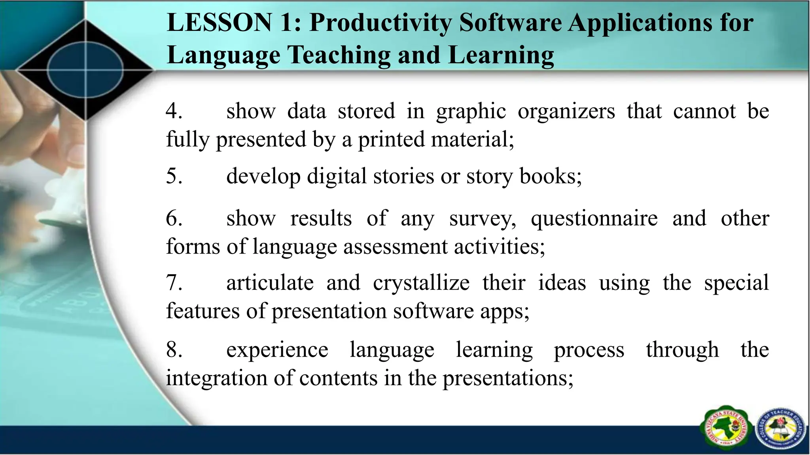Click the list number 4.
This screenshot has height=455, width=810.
pyautogui.click(x=174, y=111)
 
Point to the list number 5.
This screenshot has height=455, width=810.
pyautogui.click(x=174, y=176)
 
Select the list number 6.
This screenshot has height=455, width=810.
pyautogui.click(x=174, y=218)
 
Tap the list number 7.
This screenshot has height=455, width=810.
pyautogui.click(x=174, y=283)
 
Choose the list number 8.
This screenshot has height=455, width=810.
pyautogui.click(x=174, y=350)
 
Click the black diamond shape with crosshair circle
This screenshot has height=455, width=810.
pyautogui.click(x=85, y=70)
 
